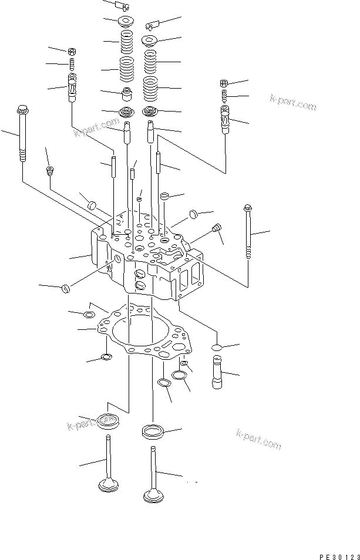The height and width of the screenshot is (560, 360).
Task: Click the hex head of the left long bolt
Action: point(22,109)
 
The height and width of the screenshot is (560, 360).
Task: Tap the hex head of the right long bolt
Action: point(247,207)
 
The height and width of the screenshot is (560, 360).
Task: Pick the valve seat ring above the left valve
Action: point(107,420)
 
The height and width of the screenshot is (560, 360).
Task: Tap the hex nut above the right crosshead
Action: point(224,83)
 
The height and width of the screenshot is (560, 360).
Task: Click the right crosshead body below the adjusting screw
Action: point(226,121)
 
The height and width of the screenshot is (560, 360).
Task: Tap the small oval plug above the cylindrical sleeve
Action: point(216,347)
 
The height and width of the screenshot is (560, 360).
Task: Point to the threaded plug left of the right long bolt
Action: point(217,228)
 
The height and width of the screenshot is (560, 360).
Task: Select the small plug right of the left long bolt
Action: point(50,171)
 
